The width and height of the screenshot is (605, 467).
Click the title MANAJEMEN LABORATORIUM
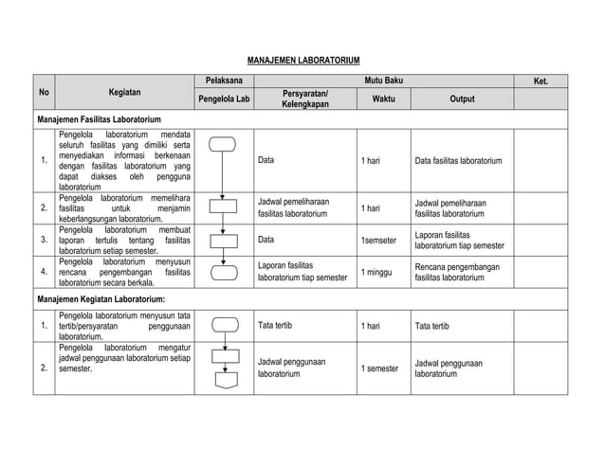pyautogui.click(x=302, y=59)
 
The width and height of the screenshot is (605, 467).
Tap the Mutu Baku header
pyautogui.click(x=383, y=81)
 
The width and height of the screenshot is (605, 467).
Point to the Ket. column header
pyautogui.click(x=541, y=81)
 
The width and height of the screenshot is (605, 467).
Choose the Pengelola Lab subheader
pyautogui.click(x=224, y=99)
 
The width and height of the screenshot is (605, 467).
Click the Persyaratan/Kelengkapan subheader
pyautogui.click(x=304, y=99)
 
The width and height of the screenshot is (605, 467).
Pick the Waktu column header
pyautogui.click(x=383, y=99)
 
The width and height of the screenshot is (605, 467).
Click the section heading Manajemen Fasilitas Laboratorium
pyautogui.click(x=100, y=120)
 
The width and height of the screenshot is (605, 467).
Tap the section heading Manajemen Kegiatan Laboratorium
pyautogui.click(x=101, y=299)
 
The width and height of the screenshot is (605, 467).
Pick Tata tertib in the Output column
pyautogui.click(x=432, y=326)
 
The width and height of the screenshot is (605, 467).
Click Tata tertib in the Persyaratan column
pyautogui.click(x=276, y=326)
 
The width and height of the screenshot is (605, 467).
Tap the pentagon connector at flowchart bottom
pyautogui.click(x=225, y=382)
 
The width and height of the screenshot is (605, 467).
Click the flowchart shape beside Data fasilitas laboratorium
pyautogui.click(x=224, y=145)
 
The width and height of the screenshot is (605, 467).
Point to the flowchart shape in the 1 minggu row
pyautogui.click(x=224, y=273)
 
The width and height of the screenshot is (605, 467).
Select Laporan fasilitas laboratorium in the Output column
pyautogui.click(x=459, y=240)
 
